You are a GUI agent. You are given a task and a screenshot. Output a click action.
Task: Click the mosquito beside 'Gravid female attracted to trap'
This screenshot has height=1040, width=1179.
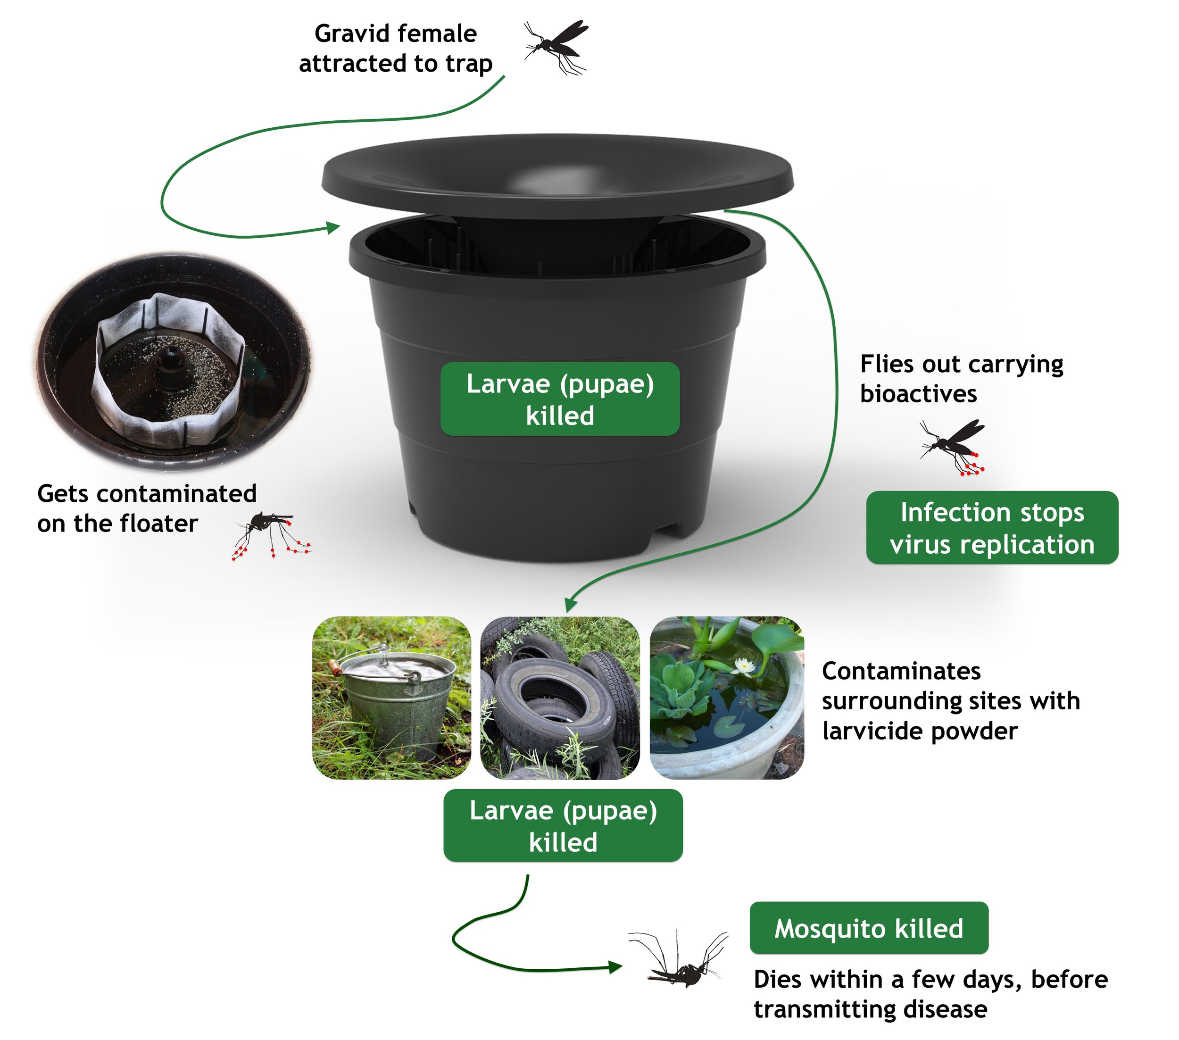pyautogui.click(x=555, y=46)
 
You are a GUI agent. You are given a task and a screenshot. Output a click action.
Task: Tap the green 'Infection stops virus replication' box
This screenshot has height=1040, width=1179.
pyautogui.click(x=991, y=528)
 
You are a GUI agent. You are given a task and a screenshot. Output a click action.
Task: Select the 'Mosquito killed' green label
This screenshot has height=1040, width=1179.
pyautogui.click(x=868, y=928)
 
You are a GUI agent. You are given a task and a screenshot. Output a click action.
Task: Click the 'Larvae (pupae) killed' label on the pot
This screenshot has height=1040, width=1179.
pyautogui.click(x=559, y=399)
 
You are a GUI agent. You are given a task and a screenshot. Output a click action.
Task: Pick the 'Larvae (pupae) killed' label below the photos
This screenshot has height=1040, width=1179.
pyautogui.click(x=563, y=826)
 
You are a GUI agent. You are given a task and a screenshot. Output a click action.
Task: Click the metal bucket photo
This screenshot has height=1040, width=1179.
pyautogui.click(x=391, y=698)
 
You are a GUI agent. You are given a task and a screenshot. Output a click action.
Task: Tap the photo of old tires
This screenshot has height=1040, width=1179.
pyautogui.click(x=559, y=698)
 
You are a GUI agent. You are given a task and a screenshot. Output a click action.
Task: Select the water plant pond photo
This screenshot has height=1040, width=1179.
pyautogui.click(x=726, y=698)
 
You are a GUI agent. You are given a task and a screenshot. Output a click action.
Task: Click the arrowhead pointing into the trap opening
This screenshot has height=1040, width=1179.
pyautogui.click(x=333, y=227)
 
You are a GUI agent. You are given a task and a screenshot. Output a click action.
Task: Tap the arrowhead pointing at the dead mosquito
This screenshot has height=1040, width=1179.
pyautogui.click(x=615, y=967)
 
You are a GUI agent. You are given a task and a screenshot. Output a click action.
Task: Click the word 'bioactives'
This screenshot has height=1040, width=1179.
pyautogui.click(x=918, y=394)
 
